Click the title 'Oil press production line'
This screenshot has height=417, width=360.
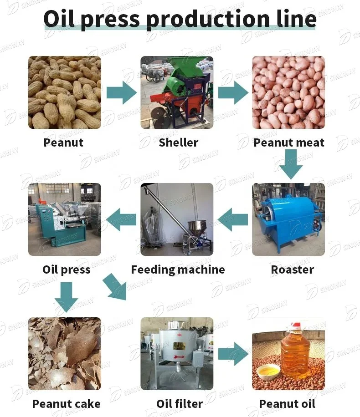pos(180,19)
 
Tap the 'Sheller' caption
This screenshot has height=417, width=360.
pos(179,142)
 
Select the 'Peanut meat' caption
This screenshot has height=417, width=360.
pos(289,142)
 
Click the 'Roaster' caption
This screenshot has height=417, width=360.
pos(292,270)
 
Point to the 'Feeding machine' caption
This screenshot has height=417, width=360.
pos(178,270)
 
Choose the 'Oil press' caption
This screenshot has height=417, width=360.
pos(67,270)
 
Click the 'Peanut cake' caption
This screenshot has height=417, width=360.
pos(67,404)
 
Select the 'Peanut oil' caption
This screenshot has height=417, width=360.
pos(287,404)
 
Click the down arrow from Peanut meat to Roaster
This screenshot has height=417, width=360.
pos(291,164)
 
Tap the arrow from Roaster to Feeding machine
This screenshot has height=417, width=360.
pos(233,219)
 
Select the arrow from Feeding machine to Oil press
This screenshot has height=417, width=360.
pos(121,219)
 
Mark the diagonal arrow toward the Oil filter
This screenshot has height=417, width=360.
pos(114,287)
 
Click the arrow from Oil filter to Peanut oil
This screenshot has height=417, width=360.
pos(233,354)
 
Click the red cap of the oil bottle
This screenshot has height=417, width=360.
pos(296,326)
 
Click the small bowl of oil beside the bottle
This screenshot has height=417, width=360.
pos(268,372)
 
